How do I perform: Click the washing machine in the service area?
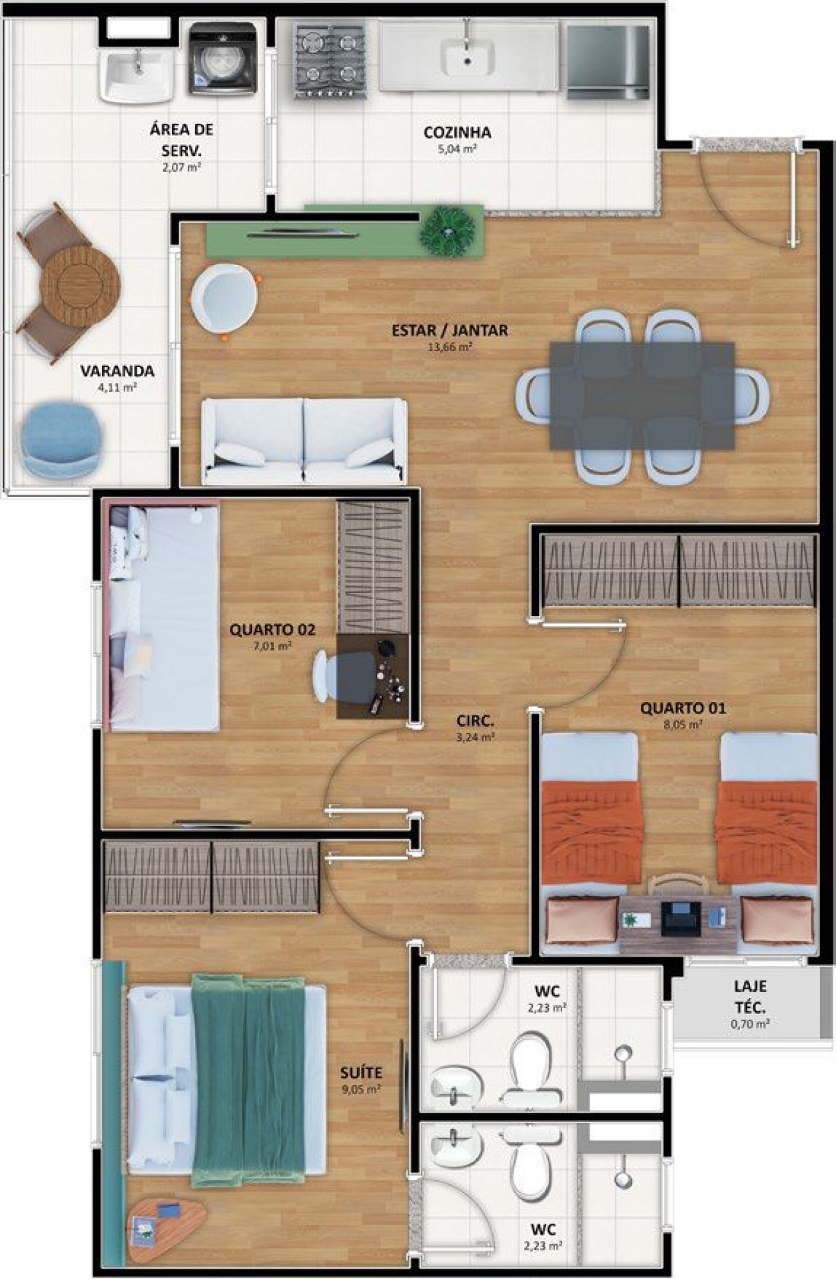pos(222,59)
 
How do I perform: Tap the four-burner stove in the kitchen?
pos(330,61)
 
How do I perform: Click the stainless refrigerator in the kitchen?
pos(608,61)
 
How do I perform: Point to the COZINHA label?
pos(457,133)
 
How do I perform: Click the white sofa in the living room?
pos(304,441)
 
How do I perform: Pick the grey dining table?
pos(642,396)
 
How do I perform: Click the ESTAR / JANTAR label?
pos(450,330)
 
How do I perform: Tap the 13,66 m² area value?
pos(450,347)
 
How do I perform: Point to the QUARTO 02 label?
pos(272,630)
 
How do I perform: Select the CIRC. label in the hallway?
pos(476,721)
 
